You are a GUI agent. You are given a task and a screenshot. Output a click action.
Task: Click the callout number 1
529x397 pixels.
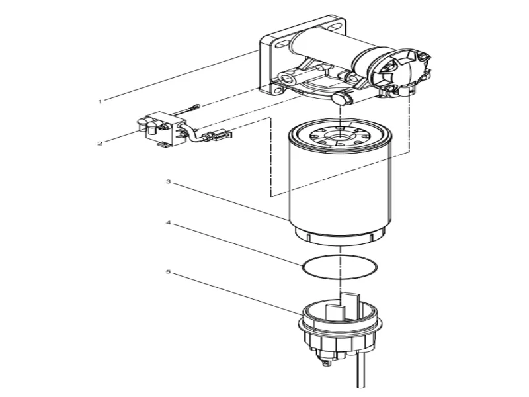[100, 101]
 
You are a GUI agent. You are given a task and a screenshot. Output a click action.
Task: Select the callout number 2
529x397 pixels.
[100, 142]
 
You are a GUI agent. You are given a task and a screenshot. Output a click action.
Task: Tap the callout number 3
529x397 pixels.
[169, 181]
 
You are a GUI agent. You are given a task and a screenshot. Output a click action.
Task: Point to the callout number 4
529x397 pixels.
[169, 224]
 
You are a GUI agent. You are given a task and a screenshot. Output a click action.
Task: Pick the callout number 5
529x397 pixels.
[169, 271]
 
